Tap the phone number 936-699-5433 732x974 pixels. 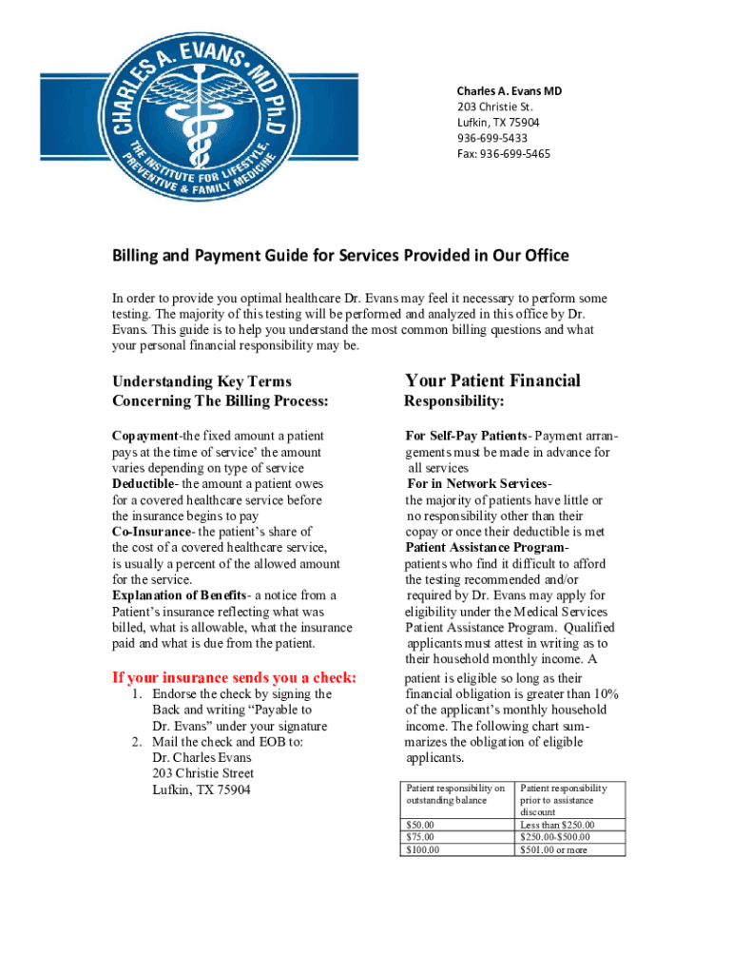click(491, 138)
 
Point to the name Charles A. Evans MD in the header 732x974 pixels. click(509, 90)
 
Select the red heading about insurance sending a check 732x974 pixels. click(234, 677)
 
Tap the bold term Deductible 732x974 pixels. click(144, 484)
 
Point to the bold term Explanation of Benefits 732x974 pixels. click(180, 595)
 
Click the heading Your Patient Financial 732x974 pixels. click(492, 380)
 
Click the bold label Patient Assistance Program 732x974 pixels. click(487, 548)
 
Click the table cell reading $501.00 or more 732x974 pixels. click(554, 849)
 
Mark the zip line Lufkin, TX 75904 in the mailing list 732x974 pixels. click(201, 789)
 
